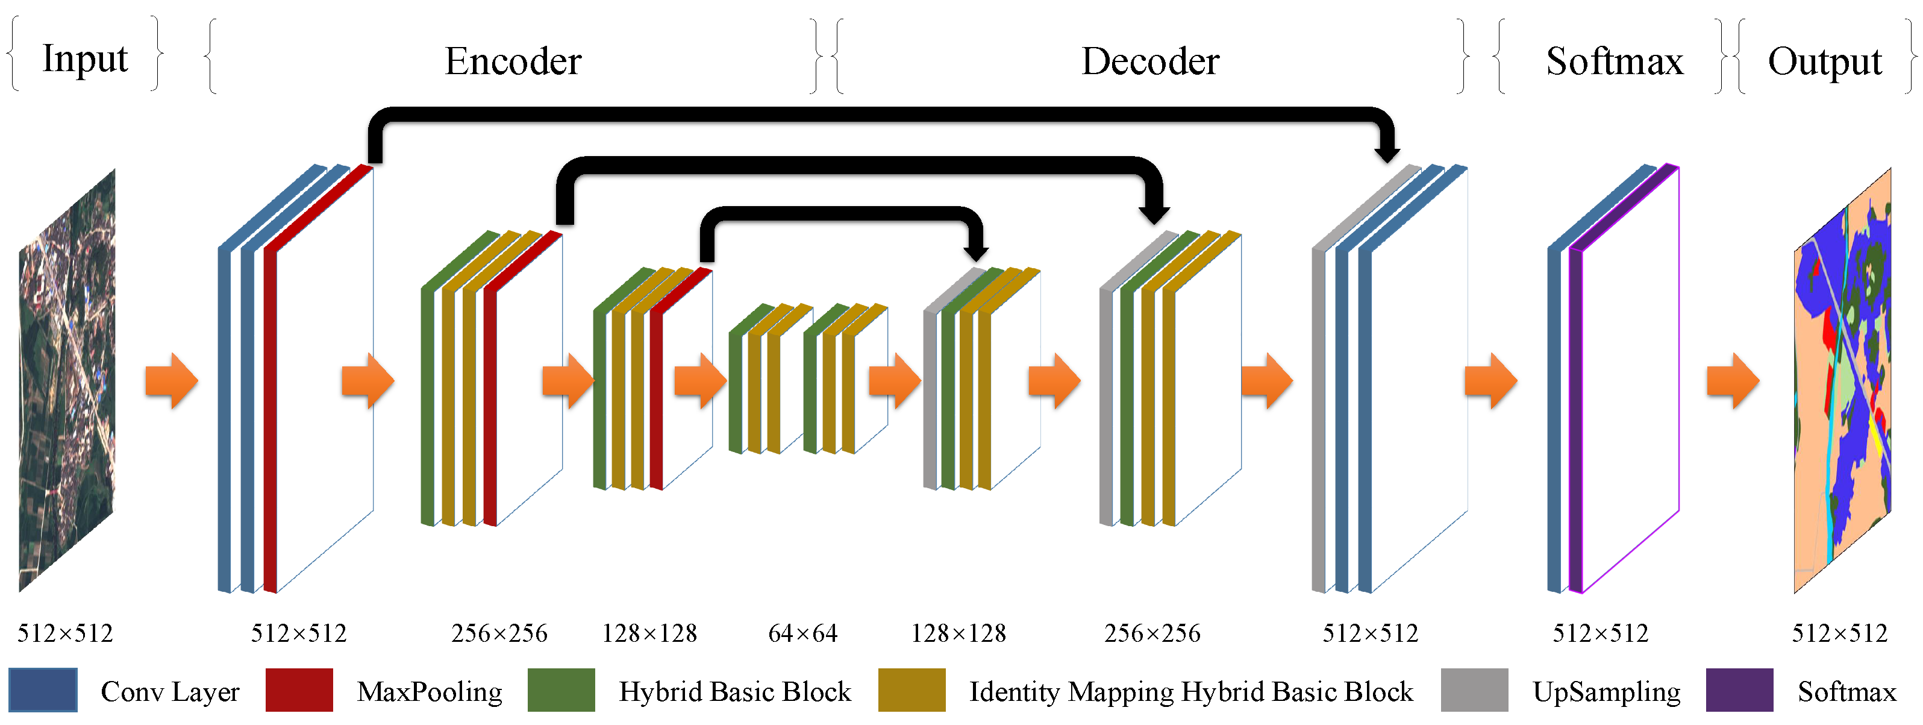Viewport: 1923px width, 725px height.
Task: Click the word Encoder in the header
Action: click(513, 61)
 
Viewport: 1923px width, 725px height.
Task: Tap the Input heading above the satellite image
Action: click(84, 58)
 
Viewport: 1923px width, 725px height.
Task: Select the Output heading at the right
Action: click(1824, 61)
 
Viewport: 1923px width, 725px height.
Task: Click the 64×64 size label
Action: click(802, 634)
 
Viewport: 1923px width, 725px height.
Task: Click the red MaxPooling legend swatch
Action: click(299, 690)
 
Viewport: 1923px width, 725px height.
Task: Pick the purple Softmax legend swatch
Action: click(1739, 690)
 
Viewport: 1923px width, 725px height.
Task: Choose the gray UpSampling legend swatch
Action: click(1474, 690)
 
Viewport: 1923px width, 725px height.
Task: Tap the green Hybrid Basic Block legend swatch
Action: click(561, 690)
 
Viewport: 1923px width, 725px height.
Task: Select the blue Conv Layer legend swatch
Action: click(43, 690)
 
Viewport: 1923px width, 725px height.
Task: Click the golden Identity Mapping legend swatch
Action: click(911, 690)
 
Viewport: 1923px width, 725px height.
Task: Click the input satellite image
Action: click(67, 381)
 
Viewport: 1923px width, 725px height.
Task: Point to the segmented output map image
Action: click(1842, 381)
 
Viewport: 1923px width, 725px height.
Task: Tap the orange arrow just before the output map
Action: click(1733, 381)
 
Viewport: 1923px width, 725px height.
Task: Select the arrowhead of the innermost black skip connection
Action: click(976, 254)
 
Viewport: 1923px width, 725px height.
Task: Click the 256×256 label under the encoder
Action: click(499, 634)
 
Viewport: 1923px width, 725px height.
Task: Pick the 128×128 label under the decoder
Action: click(958, 634)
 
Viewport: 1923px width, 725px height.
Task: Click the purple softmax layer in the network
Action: click(1576, 418)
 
